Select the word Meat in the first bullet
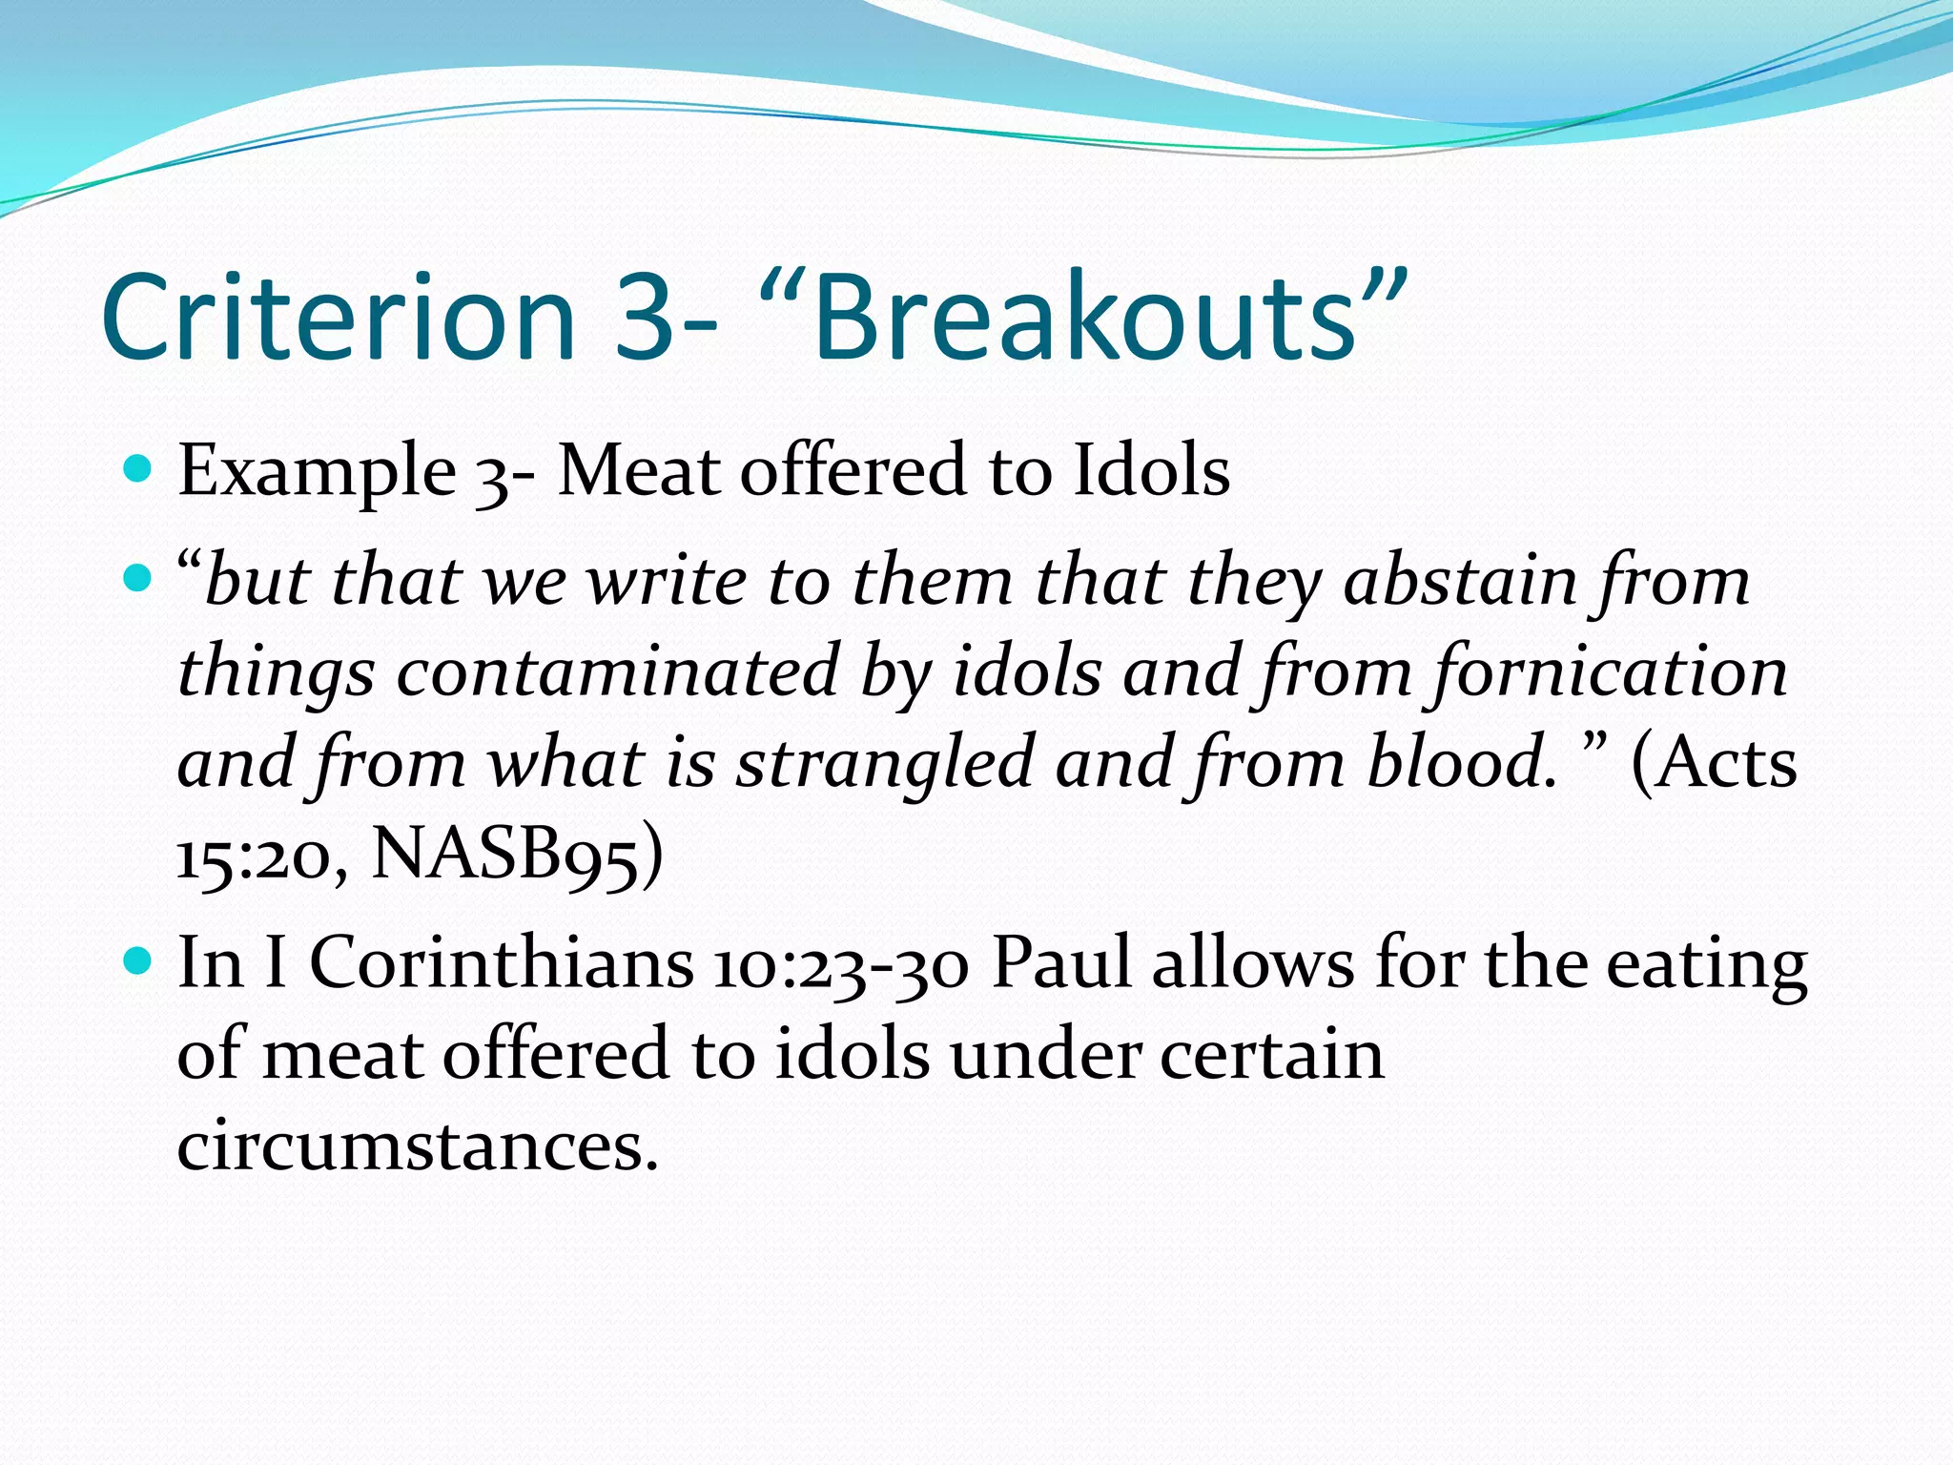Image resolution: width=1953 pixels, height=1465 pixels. click(638, 470)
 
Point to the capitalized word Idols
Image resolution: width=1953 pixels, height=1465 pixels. click(1151, 470)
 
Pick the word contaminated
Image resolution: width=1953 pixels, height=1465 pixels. click(617, 671)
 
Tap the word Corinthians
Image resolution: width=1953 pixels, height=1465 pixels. click(503, 962)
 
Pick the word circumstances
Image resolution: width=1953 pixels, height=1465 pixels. click(418, 1145)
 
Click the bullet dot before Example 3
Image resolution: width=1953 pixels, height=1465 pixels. click(139, 469)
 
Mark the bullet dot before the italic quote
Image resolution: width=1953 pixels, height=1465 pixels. click(139, 579)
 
